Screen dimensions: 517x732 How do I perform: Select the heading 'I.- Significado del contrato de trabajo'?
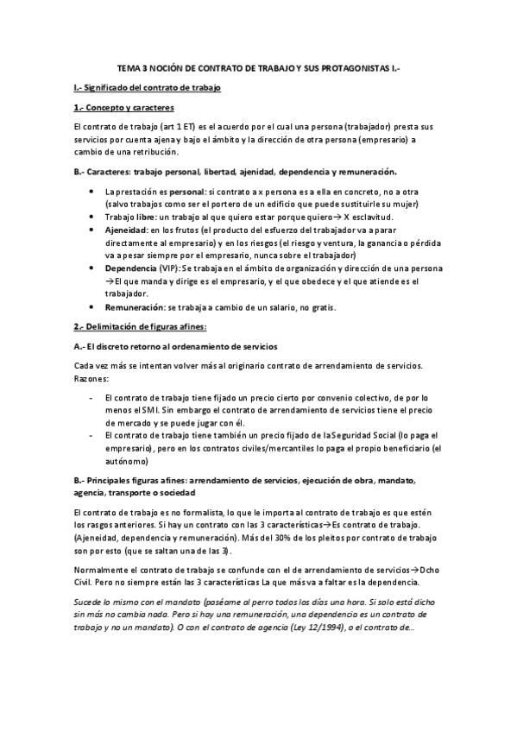tap(148, 88)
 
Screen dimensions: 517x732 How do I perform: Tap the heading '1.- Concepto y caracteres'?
tap(124, 108)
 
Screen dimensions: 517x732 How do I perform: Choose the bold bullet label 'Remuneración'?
tap(134, 307)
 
